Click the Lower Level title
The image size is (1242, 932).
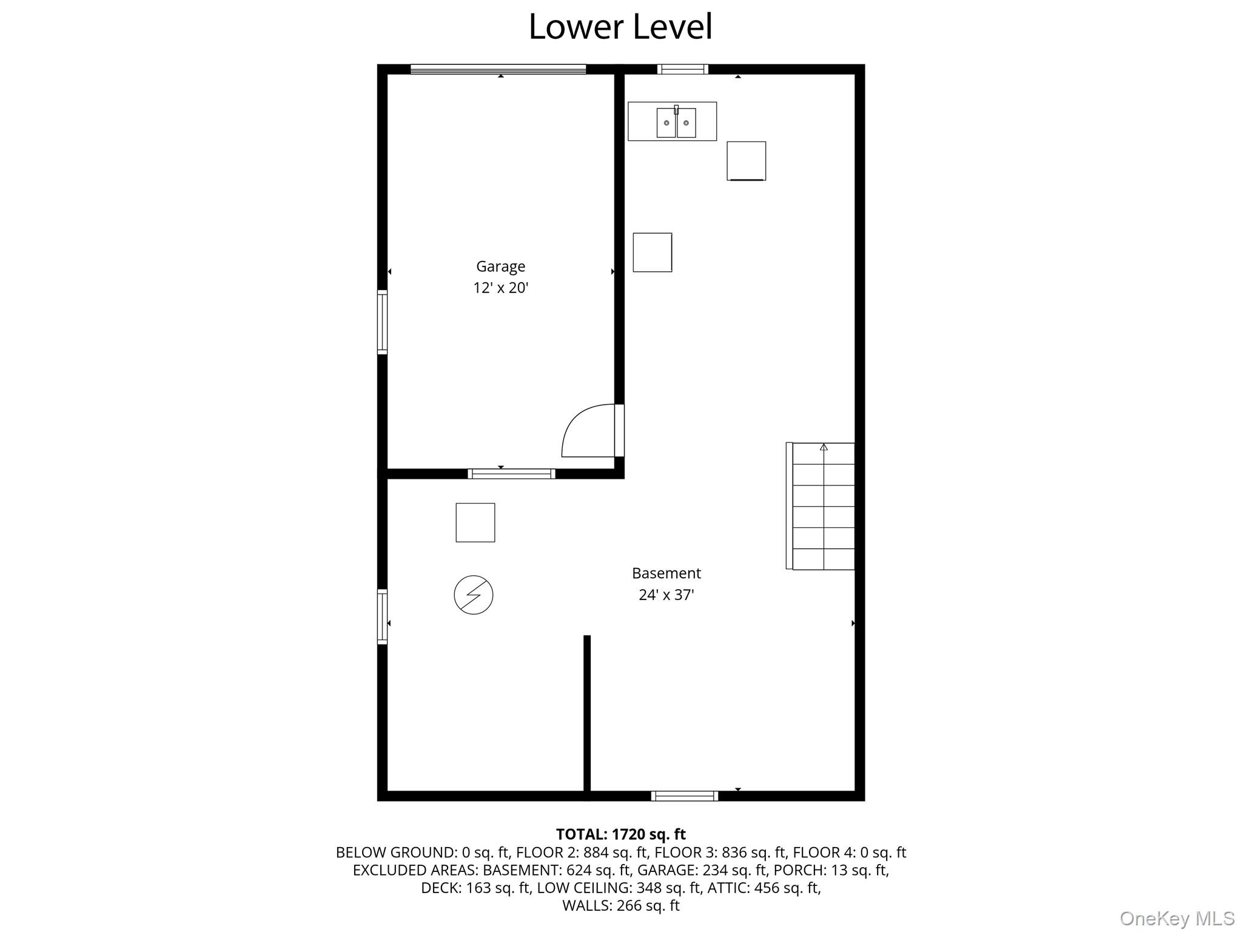pyautogui.click(x=620, y=27)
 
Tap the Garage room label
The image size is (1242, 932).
pyautogui.click(x=500, y=266)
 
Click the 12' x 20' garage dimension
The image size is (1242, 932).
pyautogui.click(x=500, y=288)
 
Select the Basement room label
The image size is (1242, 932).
pyautogui.click(x=666, y=573)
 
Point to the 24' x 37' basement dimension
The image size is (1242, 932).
pyautogui.click(x=666, y=595)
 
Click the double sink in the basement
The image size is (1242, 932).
pyautogui.click(x=676, y=122)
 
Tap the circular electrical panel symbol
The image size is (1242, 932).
pyautogui.click(x=473, y=595)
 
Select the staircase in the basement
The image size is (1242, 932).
pyautogui.click(x=822, y=506)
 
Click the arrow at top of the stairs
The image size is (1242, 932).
pyautogui.click(x=824, y=447)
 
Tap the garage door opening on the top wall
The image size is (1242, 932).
pyautogui.click(x=498, y=69)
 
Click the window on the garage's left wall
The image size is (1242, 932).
pyautogui.click(x=382, y=322)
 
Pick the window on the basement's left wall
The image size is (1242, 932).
pyautogui.click(x=382, y=616)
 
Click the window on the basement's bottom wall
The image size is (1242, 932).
pyautogui.click(x=684, y=795)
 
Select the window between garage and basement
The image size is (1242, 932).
pyautogui.click(x=511, y=473)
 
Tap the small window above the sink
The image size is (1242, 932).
pyautogui.click(x=682, y=69)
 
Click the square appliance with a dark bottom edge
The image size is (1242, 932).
pyautogui.click(x=746, y=161)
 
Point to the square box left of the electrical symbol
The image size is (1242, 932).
pyautogui.click(x=475, y=522)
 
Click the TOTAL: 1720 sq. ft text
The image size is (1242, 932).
pyautogui.click(x=620, y=834)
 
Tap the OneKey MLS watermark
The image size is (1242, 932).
pyautogui.click(x=1177, y=918)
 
